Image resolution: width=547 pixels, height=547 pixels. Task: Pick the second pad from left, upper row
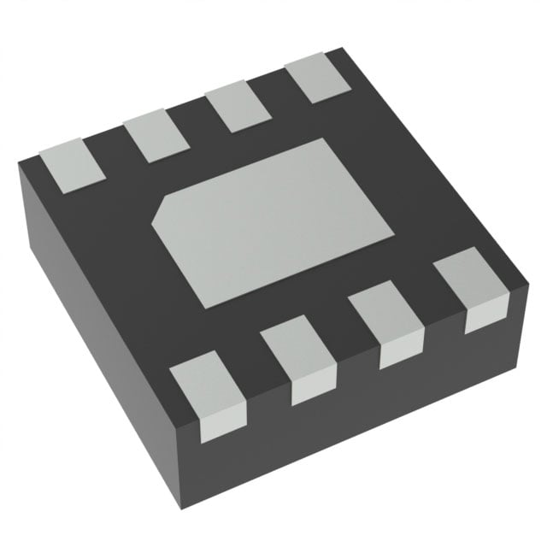pos(156,138)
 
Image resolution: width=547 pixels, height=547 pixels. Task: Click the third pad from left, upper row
pos(236,109)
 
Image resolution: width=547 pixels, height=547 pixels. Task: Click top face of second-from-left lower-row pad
pos(295,350)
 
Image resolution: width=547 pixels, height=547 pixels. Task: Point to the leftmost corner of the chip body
pos(19,166)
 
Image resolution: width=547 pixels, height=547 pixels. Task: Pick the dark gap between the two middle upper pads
pos(197,124)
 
